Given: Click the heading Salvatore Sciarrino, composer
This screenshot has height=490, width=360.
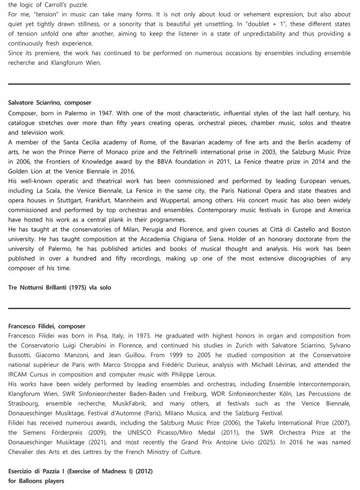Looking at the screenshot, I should [x=49, y=103].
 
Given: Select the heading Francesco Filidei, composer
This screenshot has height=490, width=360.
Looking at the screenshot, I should [x=47, y=326].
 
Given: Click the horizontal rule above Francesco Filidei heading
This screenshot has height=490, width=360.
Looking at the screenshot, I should [x=180, y=309].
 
